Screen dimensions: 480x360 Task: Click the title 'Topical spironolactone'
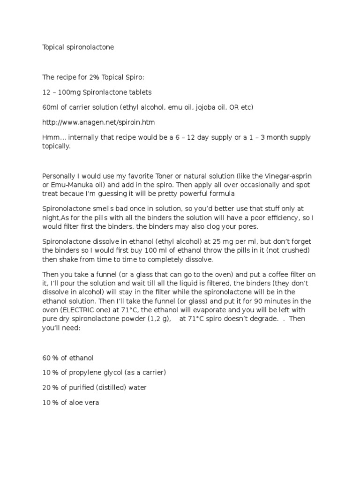[x=78, y=47]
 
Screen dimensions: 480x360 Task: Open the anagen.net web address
[x=98, y=122]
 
